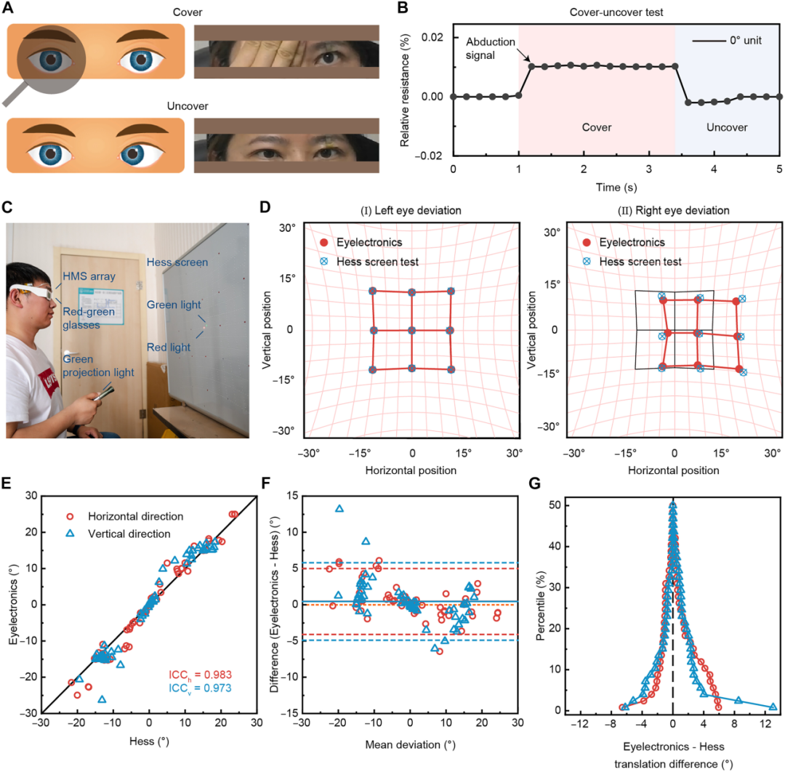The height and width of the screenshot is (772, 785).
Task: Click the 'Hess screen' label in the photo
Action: tap(177, 262)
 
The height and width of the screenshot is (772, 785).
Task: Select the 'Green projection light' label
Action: tap(98, 366)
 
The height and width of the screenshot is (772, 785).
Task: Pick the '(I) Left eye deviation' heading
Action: tap(411, 211)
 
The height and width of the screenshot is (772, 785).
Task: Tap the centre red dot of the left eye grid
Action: tap(411, 331)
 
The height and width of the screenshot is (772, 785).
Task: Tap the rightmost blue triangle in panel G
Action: tap(773, 707)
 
